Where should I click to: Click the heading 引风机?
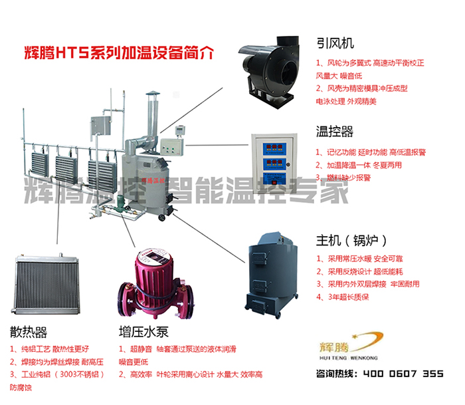coord(332,41)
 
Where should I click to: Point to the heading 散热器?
coord(29,331)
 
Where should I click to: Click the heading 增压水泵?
coord(142,331)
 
